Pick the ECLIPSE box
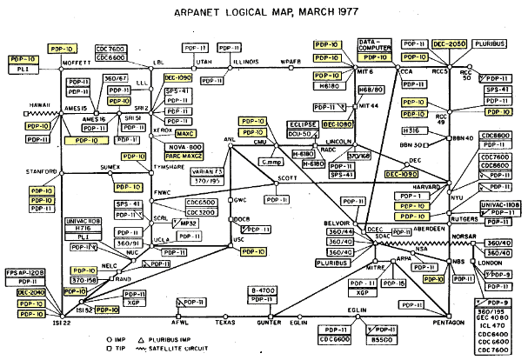[x=304, y=124]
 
